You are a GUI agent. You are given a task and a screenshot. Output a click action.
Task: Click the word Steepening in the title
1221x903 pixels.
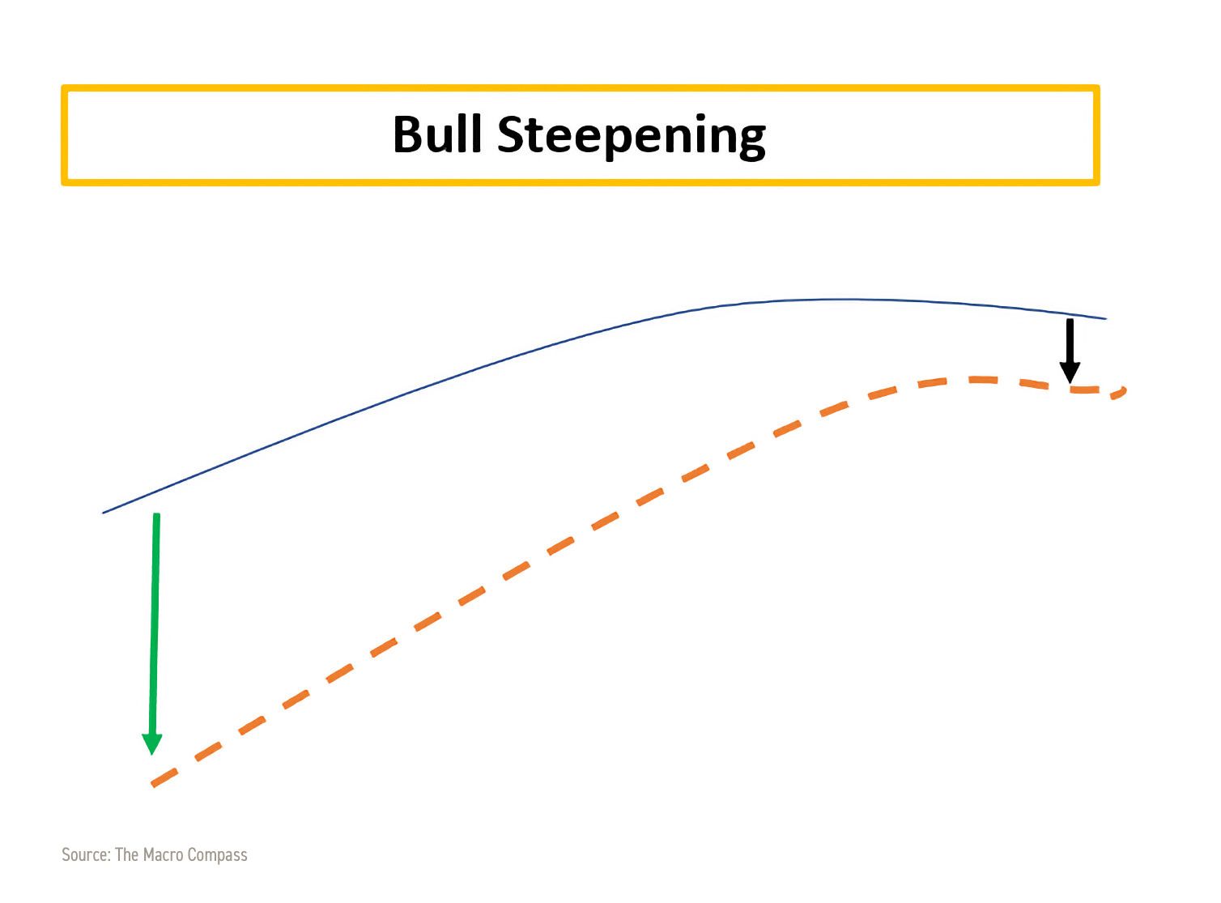tap(632, 138)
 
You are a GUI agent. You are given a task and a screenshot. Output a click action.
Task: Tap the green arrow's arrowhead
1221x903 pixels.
tap(152, 744)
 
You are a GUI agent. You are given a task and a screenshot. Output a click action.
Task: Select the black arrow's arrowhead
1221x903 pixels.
tap(1070, 373)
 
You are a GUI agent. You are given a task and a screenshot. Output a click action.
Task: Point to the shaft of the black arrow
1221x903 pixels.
tap(1070, 340)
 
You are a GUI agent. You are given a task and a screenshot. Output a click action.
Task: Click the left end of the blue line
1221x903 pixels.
tap(104, 513)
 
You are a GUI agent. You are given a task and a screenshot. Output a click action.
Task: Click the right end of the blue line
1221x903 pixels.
tap(1105, 318)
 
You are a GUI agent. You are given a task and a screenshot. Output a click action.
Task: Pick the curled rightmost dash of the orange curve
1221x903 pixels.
tap(1120, 393)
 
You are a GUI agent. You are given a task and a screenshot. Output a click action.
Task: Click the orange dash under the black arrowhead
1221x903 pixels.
tap(1084, 390)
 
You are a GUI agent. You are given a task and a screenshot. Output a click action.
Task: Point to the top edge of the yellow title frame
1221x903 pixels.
tap(581, 88)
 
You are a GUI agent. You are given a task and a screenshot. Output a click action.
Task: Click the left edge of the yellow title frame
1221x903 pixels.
tap(65, 135)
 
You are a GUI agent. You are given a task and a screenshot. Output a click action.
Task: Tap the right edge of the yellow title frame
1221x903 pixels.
tap(1096, 135)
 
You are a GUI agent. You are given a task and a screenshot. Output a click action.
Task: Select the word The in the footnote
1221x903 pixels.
tap(127, 854)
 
